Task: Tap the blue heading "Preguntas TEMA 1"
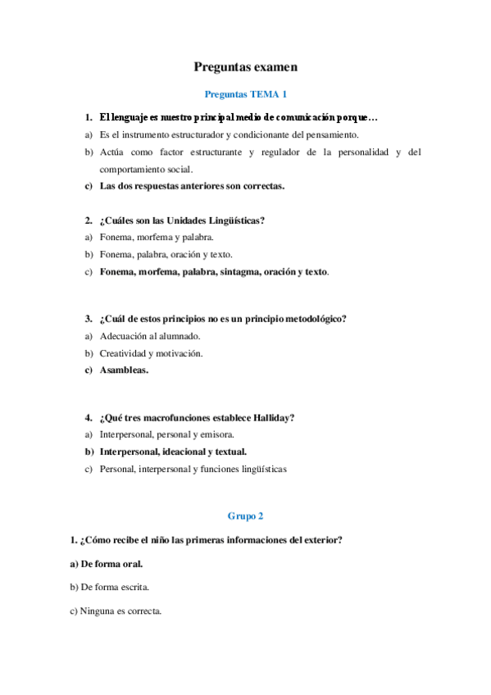click(245, 94)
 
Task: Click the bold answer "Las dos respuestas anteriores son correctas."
click(192, 186)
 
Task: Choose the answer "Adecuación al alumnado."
click(149, 336)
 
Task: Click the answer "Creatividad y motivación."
click(151, 353)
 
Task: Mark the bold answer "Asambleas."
click(124, 370)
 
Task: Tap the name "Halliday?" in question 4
click(272, 417)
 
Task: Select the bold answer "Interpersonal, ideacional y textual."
click(173, 452)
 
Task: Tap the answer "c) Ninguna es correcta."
click(116, 611)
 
